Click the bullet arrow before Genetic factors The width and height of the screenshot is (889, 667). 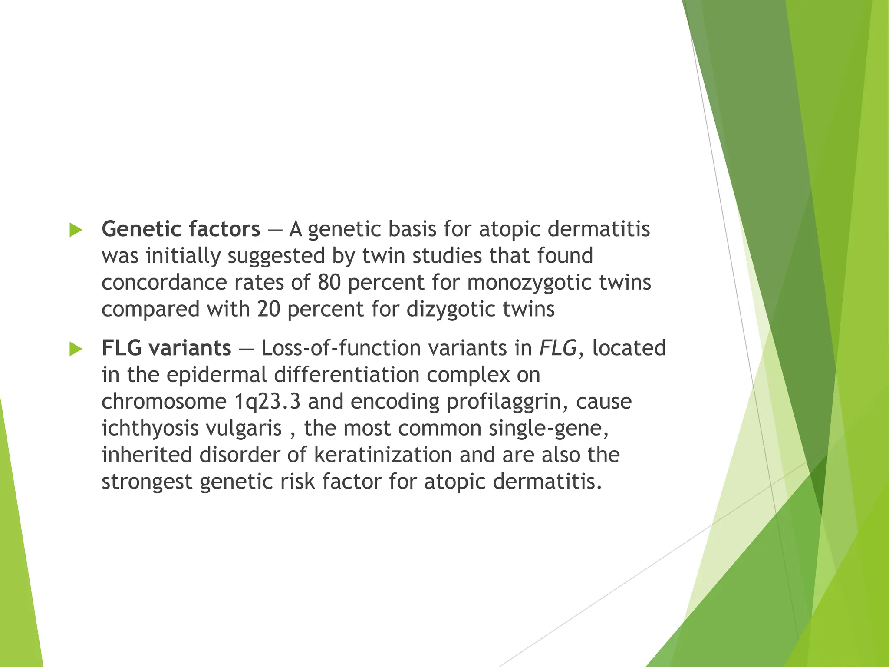[x=76, y=230]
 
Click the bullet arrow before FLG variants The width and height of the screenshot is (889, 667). [x=76, y=349]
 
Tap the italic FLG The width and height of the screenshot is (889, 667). [x=558, y=348]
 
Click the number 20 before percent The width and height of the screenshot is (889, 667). [x=269, y=310]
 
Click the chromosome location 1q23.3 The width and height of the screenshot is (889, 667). [x=267, y=402]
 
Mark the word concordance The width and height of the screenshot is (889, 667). [x=163, y=283]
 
